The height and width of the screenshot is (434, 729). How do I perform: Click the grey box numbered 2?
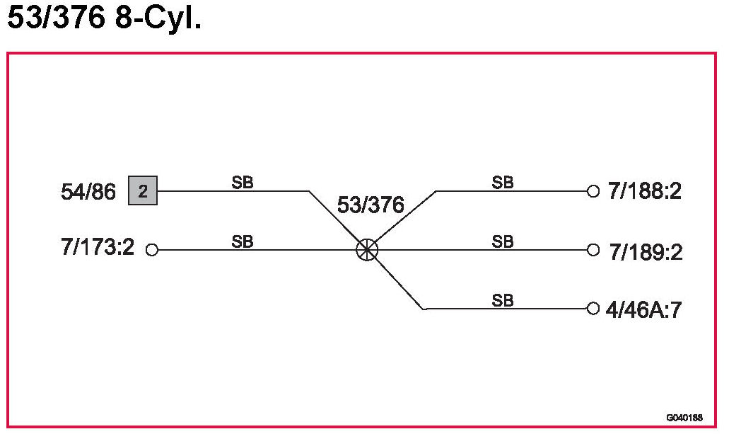click(x=143, y=191)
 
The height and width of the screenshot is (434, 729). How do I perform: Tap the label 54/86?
click(x=88, y=192)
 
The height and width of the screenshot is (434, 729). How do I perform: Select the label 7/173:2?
click(x=98, y=249)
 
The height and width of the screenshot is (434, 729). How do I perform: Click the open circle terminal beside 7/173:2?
click(x=151, y=250)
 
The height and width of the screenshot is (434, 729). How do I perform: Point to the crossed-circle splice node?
click(x=367, y=249)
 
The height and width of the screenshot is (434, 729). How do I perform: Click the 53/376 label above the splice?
click(x=371, y=206)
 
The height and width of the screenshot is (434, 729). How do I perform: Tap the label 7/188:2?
click(x=644, y=191)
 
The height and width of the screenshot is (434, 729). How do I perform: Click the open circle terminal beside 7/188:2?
click(x=593, y=191)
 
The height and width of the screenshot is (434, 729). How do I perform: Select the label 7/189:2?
click(x=646, y=252)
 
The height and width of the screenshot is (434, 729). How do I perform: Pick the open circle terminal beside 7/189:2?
click(x=593, y=250)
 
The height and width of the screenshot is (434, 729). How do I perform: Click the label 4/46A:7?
click(x=643, y=309)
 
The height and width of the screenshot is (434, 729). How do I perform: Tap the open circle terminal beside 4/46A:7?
click(x=593, y=309)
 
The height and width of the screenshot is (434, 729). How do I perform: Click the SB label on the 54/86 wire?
click(x=243, y=183)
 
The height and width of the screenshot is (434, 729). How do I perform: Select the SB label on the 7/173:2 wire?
click(x=243, y=241)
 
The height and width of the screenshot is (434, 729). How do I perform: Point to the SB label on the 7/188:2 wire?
click(x=503, y=183)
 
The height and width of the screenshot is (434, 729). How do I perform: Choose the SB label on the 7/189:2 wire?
click(x=503, y=241)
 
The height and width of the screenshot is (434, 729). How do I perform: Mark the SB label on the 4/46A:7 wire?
click(x=503, y=300)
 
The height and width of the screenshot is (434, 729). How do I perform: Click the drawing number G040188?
click(x=684, y=418)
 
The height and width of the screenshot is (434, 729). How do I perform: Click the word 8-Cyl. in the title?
click(x=156, y=19)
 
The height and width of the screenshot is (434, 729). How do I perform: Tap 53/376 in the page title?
click(x=54, y=19)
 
